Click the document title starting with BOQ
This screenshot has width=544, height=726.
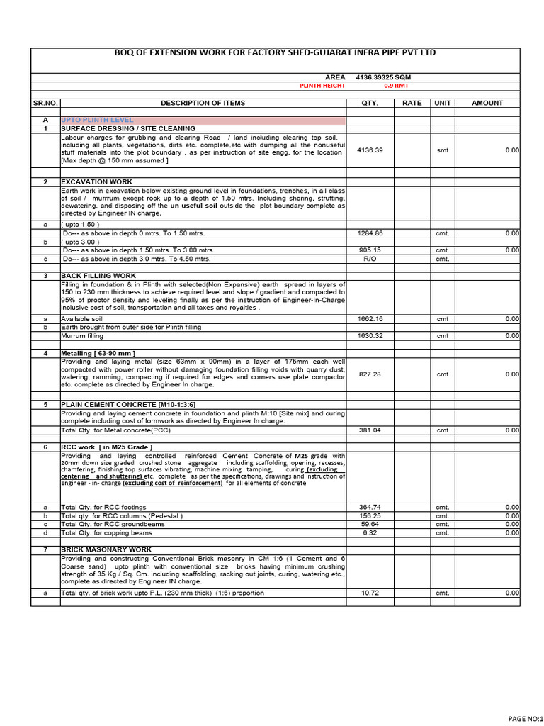(275, 53)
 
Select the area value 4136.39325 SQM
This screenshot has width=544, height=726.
(382, 77)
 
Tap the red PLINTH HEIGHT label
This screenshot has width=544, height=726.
(322, 86)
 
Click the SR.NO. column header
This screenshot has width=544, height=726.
(45, 103)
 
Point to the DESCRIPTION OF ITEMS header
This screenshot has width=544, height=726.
(203, 103)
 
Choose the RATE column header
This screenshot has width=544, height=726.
(412, 103)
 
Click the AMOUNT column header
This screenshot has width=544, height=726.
(487, 103)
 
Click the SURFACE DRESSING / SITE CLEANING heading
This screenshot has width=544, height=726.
(128, 129)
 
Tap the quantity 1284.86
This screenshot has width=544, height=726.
(370, 233)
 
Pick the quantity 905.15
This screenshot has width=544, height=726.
(370, 250)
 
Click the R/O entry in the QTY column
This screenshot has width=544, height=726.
(370, 259)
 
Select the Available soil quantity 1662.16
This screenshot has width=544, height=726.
(370, 319)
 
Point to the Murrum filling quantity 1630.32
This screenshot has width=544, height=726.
(370, 336)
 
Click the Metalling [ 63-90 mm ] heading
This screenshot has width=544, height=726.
(98, 353)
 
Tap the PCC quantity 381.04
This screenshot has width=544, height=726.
(370, 430)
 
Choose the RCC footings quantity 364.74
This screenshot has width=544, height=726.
(370, 507)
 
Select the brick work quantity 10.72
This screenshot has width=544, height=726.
(370, 593)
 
